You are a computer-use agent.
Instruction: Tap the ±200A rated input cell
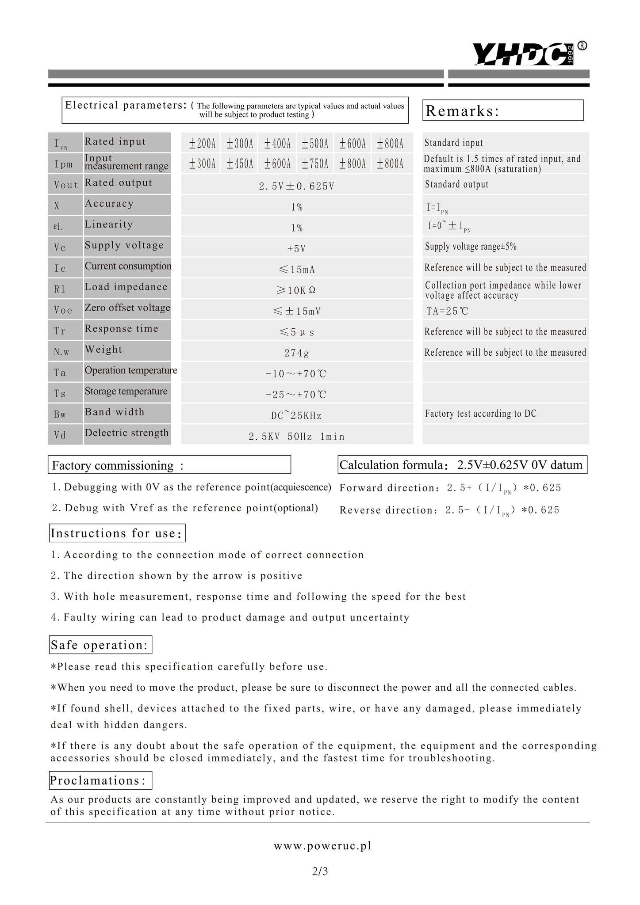(202, 144)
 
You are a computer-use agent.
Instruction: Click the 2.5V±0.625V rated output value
(296, 186)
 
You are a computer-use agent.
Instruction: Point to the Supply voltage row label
(124, 246)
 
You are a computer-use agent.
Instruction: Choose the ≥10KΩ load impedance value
(296, 290)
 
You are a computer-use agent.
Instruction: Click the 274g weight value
(296, 353)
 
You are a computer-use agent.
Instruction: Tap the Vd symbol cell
(60, 435)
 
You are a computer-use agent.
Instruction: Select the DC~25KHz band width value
(296, 415)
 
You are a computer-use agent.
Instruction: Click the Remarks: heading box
(503, 110)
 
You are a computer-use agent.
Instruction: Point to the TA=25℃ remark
(447, 311)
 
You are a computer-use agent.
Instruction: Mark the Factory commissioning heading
(169, 465)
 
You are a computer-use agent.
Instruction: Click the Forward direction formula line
(450, 488)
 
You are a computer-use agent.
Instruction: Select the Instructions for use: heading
(117, 533)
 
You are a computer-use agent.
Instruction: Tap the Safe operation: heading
(100, 645)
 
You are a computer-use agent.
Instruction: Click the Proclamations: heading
(100, 780)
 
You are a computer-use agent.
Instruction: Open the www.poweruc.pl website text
(322, 846)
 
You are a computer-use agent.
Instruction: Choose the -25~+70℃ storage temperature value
(296, 395)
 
